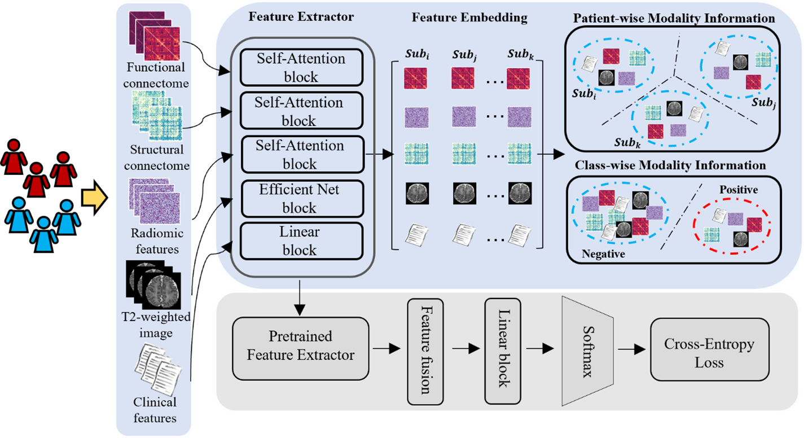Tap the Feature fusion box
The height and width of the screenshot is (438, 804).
[425, 352]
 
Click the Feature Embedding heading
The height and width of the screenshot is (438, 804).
[469, 17]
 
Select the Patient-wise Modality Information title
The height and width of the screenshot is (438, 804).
[674, 19]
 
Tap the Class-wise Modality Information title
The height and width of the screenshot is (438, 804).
[670, 166]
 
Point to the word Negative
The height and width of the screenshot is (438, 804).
[604, 254]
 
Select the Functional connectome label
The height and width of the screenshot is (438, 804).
[156, 76]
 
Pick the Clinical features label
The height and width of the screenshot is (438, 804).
[155, 410]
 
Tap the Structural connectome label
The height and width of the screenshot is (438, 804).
[156, 158]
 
